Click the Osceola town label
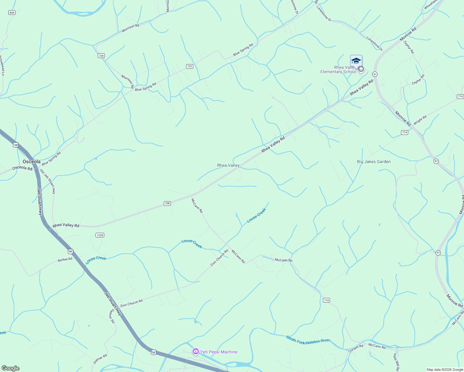32,162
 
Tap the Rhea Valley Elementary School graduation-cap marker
356,61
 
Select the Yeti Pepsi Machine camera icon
195,352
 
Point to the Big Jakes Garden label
374,162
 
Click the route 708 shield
167,203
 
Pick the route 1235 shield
100,235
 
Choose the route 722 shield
190,66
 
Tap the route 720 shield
101,56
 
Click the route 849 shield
12,13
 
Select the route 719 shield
326,300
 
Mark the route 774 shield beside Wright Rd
404,132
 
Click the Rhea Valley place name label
228,165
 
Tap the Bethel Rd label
65,259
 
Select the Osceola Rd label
22,168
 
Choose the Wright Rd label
420,119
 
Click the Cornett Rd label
355,348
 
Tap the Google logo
10,368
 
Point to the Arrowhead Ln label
2,66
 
